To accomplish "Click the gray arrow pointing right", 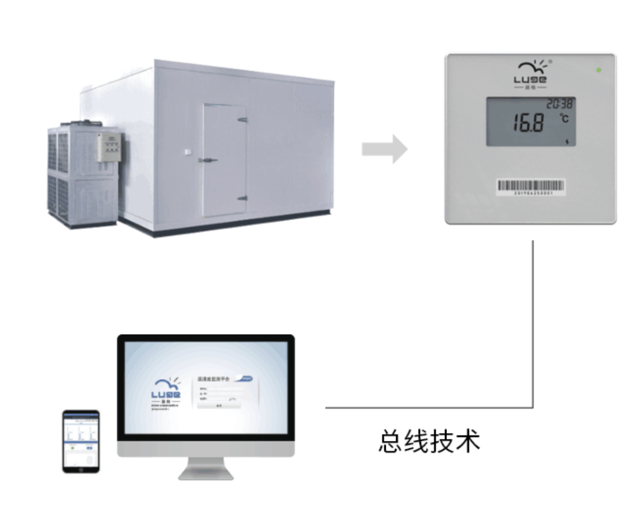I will click(x=385, y=149).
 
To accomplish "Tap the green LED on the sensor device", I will click(x=599, y=70).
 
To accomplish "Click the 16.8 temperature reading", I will click(x=528, y=123).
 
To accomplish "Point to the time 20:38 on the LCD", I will click(x=559, y=104).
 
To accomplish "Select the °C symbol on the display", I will click(x=564, y=118).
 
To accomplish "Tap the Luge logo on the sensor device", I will click(x=530, y=74).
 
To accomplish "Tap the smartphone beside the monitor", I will click(x=81, y=441).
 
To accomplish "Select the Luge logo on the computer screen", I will click(x=166, y=393).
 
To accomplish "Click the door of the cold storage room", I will click(x=224, y=160).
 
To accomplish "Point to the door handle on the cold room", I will click(x=207, y=160).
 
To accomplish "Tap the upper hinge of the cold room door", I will click(x=242, y=120).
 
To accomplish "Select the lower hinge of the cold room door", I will click(x=242, y=198).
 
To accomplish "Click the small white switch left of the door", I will click(x=187, y=151).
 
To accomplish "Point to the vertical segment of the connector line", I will click(x=533, y=322).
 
